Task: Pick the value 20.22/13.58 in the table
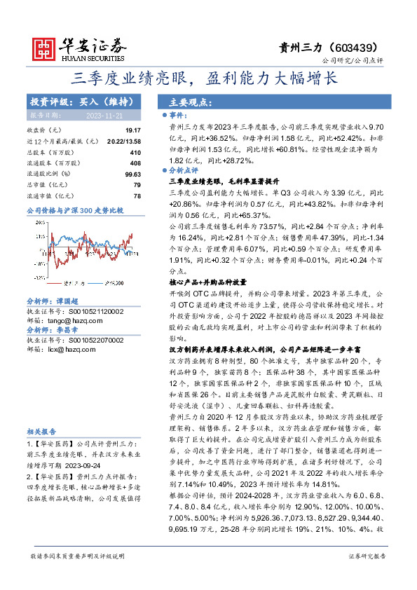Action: click(x=123, y=141)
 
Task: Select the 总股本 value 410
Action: click(x=135, y=152)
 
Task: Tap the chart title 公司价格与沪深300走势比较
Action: click(x=74, y=210)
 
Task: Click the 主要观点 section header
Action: click(x=189, y=102)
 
